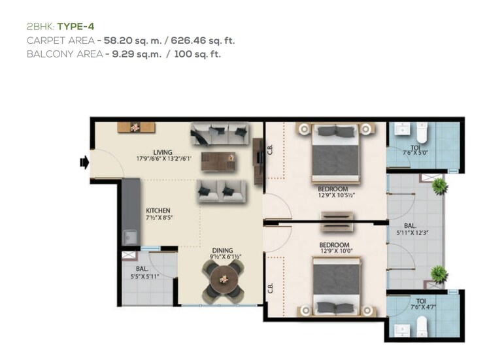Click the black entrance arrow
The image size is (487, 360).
[84, 162]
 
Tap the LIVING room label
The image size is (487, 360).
[163, 153]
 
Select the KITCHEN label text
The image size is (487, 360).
[158, 210]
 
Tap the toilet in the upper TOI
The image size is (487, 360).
[422, 135]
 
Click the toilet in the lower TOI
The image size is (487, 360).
[422, 325]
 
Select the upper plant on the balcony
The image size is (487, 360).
[440, 187]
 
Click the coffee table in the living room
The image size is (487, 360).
[218, 161]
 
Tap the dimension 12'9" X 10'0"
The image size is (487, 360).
[337, 250]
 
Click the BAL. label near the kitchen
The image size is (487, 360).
[142, 269]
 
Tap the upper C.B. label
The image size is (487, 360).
[269, 152]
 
